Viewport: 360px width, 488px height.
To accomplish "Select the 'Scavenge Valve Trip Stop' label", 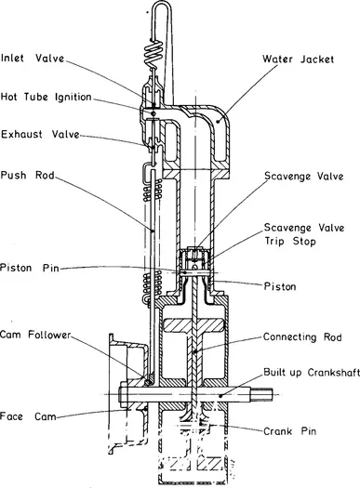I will click(x=301, y=234).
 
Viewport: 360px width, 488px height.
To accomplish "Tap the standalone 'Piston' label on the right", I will click(x=278, y=286).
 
